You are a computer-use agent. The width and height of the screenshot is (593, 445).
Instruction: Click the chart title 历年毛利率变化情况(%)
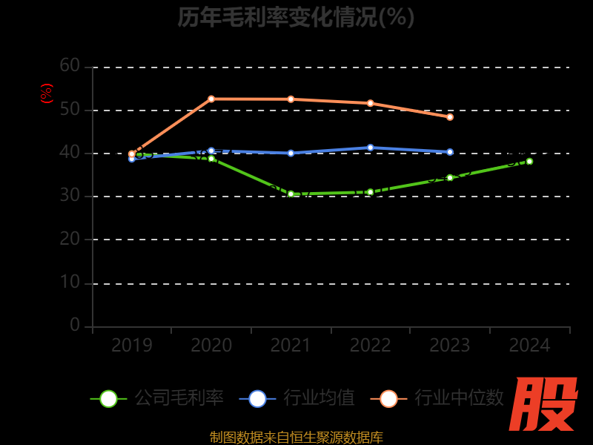(x=296, y=17)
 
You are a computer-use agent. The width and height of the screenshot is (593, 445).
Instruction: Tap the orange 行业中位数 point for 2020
(x=211, y=99)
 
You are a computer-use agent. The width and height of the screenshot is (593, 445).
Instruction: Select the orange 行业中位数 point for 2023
(x=450, y=117)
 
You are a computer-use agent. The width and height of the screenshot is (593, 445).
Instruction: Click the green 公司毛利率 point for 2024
(x=529, y=161)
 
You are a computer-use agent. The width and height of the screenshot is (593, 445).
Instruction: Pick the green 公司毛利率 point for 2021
(x=291, y=194)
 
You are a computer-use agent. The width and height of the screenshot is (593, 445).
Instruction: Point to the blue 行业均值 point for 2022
(x=371, y=148)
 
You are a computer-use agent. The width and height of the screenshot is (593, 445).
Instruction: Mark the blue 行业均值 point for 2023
(x=450, y=152)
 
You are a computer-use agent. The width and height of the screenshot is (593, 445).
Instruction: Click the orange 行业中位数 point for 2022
(x=371, y=103)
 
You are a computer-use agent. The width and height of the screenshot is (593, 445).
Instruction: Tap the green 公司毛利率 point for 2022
(x=371, y=192)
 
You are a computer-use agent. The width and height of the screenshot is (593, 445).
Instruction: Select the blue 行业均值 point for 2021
(x=291, y=153)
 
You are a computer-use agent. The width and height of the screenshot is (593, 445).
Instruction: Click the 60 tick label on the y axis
(x=70, y=66)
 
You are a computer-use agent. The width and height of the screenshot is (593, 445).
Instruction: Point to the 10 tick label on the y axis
(x=70, y=283)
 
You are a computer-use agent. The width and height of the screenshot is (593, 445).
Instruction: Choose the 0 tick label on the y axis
(x=75, y=325)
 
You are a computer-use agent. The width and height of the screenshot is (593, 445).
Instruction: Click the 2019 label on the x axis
(x=132, y=346)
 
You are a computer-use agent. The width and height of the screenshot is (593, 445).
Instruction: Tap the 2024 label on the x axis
(x=529, y=346)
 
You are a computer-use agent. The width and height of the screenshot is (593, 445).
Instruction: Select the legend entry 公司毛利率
(x=158, y=398)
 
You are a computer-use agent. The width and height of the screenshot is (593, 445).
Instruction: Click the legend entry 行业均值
(x=297, y=398)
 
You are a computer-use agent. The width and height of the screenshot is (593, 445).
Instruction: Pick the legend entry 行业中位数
(x=443, y=398)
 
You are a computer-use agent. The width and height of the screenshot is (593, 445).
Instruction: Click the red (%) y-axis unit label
(x=47, y=93)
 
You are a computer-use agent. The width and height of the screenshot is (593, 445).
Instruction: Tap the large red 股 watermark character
(x=544, y=404)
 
